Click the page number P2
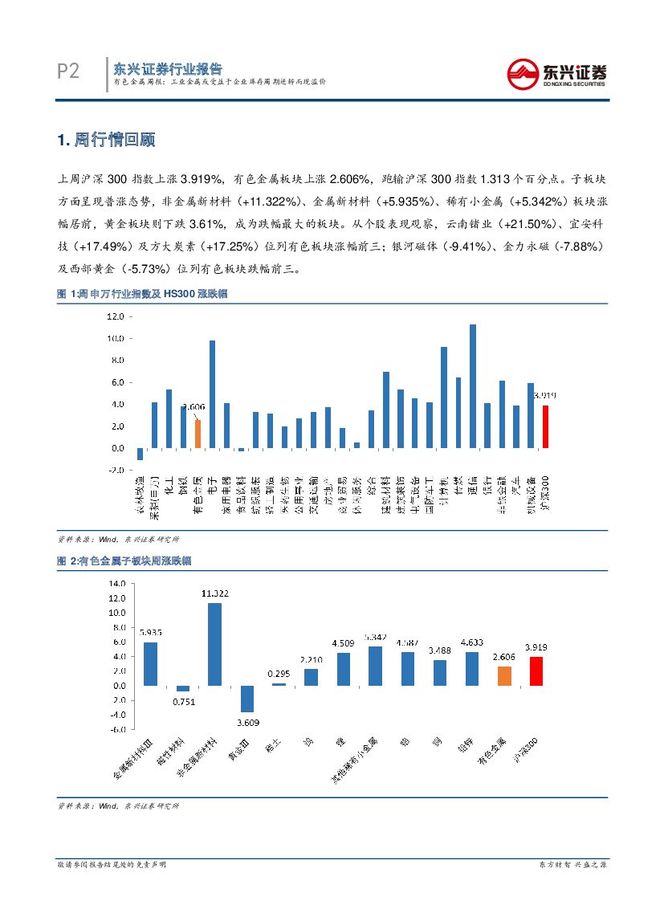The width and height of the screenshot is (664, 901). coord(68,72)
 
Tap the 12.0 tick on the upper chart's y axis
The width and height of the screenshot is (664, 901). coord(115,316)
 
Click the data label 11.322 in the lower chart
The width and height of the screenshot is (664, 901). coord(215,593)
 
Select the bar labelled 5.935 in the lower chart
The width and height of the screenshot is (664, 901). coord(150,663)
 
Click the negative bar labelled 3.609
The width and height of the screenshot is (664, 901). coord(246,699)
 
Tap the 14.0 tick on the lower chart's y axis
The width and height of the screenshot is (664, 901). coord(117,583)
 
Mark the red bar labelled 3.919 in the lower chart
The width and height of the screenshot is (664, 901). coord(536,671)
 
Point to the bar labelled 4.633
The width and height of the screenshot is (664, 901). coord(472,668)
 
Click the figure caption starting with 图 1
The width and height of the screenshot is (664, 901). coord(142,295)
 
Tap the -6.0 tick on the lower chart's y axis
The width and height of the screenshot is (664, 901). coord(117,729)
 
